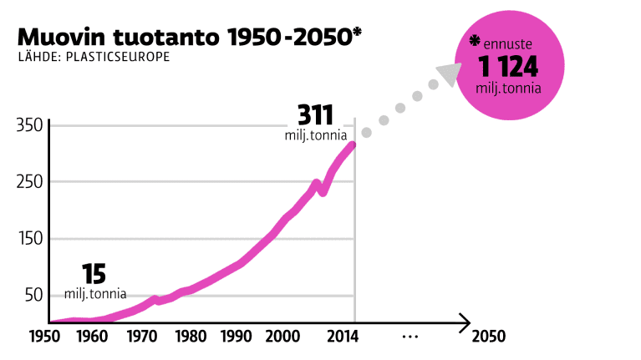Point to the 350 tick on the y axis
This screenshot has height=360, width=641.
click(x=29, y=125)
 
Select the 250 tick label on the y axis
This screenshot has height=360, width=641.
click(x=29, y=182)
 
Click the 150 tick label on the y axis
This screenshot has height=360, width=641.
click(x=29, y=239)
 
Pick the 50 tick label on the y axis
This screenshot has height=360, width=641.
click(x=33, y=296)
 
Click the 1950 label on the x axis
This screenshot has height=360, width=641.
click(x=46, y=337)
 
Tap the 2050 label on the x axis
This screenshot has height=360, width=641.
click(x=489, y=337)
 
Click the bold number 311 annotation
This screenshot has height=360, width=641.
click(x=317, y=114)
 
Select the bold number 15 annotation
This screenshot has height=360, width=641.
click(x=94, y=274)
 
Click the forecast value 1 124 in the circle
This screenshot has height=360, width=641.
click(x=509, y=67)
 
